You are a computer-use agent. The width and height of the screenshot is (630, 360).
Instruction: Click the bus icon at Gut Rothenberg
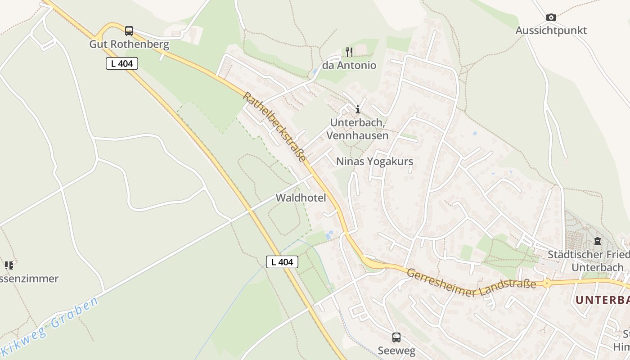point(129,31)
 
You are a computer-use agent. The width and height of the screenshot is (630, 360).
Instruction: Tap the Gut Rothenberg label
point(129,45)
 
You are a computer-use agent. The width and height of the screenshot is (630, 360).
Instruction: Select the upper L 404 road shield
point(122,63)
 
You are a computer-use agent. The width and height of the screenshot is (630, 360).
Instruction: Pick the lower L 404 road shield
point(282,262)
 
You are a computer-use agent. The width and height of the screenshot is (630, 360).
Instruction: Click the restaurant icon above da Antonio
point(349,52)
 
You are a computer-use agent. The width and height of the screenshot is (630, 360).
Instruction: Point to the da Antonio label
point(349,66)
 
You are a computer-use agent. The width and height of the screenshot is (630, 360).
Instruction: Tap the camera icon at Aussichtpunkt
point(551,18)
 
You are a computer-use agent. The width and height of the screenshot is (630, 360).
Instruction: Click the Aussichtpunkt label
point(551,31)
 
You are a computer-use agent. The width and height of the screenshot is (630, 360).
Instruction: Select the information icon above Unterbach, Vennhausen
point(358,109)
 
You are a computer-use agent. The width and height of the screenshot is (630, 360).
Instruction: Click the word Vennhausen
point(357,135)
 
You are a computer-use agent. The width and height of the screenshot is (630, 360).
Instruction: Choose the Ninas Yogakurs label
point(374,161)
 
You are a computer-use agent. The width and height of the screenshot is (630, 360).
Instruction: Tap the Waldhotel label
point(301,198)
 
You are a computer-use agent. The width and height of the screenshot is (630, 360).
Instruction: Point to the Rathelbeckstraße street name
point(274,127)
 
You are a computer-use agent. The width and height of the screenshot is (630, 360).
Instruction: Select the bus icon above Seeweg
point(396,337)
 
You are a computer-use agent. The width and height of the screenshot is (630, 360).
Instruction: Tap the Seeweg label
point(396,351)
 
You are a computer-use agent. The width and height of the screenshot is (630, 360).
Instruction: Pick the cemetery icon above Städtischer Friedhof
point(598,242)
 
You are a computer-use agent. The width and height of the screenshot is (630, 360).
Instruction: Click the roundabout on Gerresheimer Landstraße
point(547,283)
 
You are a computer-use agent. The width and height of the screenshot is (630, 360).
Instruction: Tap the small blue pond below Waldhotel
point(329,234)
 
